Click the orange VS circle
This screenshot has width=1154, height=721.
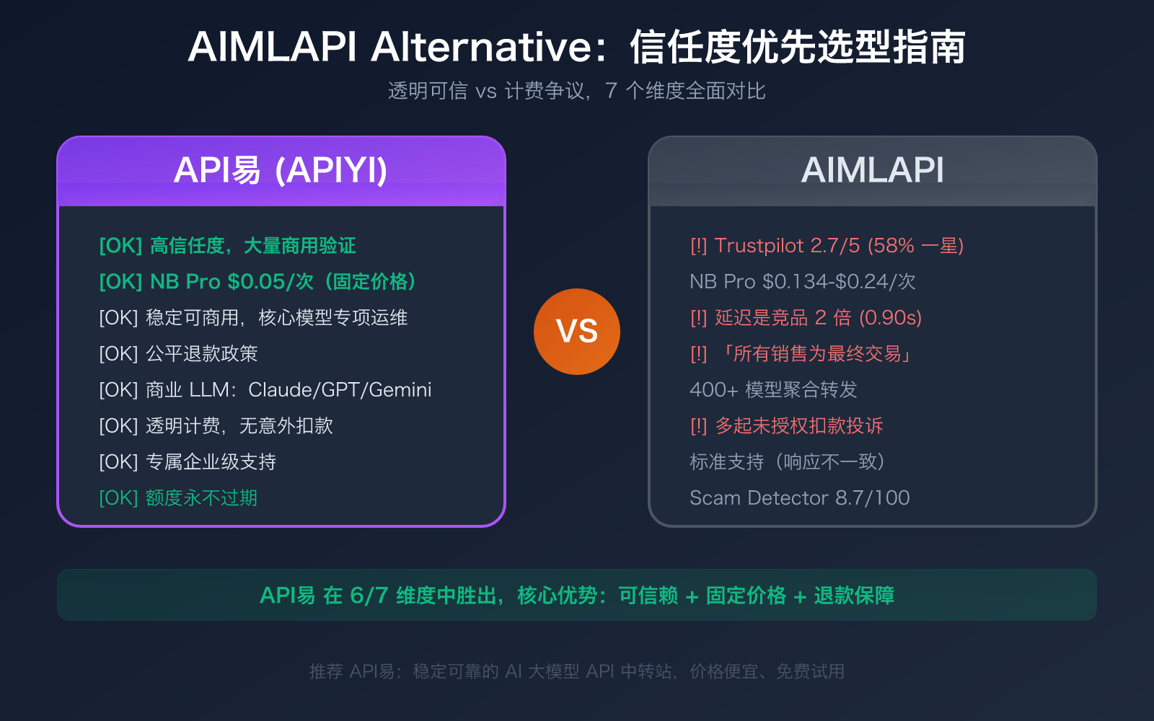point(576,332)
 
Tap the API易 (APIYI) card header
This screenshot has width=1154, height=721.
point(281,171)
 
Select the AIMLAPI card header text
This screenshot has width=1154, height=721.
point(872,171)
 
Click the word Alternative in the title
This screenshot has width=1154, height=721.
point(482,48)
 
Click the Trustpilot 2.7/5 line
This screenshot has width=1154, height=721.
point(827,246)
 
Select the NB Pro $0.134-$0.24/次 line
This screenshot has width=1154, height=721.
point(802,282)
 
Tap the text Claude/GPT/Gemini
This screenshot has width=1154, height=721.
point(340,390)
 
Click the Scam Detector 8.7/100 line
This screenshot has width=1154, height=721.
point(799,498)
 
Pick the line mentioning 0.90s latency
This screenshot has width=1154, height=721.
point(806,318)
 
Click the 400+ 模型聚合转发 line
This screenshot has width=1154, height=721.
point(773,390)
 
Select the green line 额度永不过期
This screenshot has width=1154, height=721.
point(178,498)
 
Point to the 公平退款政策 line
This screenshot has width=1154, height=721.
point(178,354)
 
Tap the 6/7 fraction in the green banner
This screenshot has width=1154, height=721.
point(369,596)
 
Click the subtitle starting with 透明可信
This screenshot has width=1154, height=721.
point(576,91)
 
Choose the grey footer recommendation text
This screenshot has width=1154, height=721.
point(576,671)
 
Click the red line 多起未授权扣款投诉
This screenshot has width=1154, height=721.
point(786,426)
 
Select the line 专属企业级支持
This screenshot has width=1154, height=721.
point(188,462)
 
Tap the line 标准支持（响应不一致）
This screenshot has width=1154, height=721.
point(788,462)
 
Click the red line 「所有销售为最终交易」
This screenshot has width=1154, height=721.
point(802,354)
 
